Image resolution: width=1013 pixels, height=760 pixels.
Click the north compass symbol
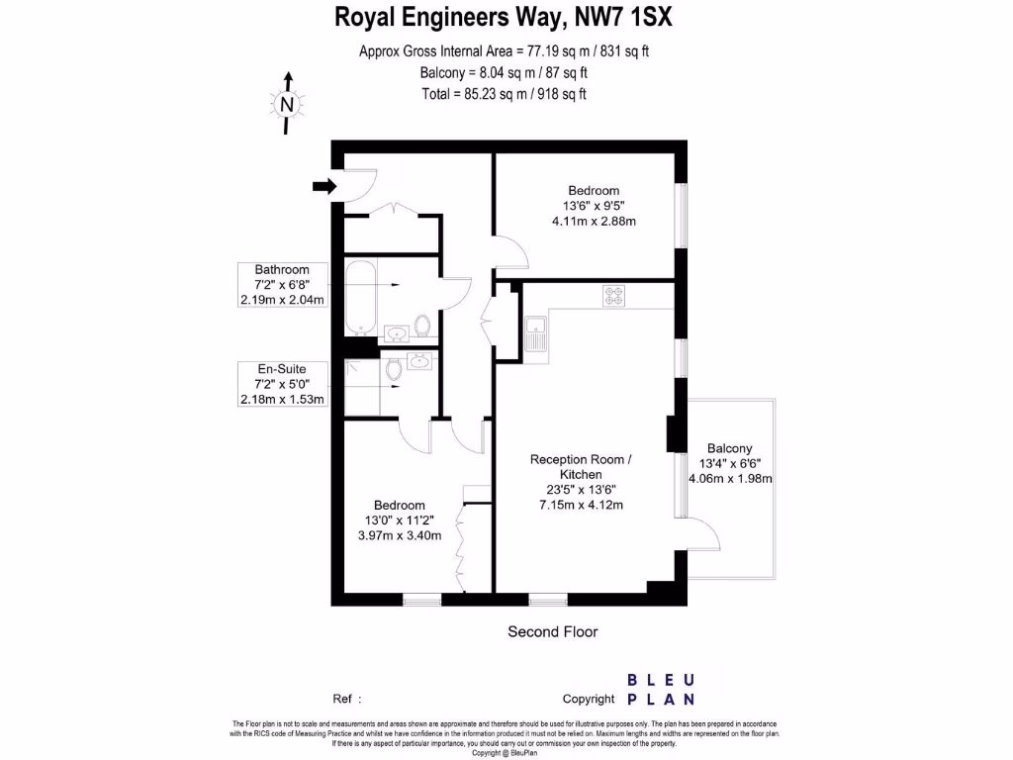click(x=287, y=103)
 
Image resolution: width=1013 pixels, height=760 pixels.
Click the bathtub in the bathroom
click(x=359, y=296)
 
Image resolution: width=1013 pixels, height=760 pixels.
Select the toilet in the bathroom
click(x=422, y=325)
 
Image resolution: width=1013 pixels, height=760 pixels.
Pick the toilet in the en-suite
click(x=395, y=369)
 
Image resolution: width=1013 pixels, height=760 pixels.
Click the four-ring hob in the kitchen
click(x=613, y=295)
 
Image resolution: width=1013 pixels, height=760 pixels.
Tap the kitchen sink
click(x=536, y=333)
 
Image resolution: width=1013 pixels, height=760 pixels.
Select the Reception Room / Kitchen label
click(x=579, y=467)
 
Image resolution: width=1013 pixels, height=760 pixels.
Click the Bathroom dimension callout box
click(x=282, y=285)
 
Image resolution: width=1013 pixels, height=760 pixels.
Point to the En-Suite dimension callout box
click(x=282, y=384)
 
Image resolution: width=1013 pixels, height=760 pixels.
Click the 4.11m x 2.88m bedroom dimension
click(x=594, y=221)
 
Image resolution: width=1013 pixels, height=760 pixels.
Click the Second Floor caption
click(x=552, y=631)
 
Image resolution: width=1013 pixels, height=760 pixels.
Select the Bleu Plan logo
click(x=662, y=690)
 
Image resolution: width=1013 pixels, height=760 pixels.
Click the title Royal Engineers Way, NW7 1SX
click(x=506, y=18)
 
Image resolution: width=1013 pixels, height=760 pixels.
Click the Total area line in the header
click(x=506, y=94)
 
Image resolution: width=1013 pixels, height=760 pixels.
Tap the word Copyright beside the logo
click(x=589, y=699)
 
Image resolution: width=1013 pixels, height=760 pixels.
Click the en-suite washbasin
click(x=419, y=360)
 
